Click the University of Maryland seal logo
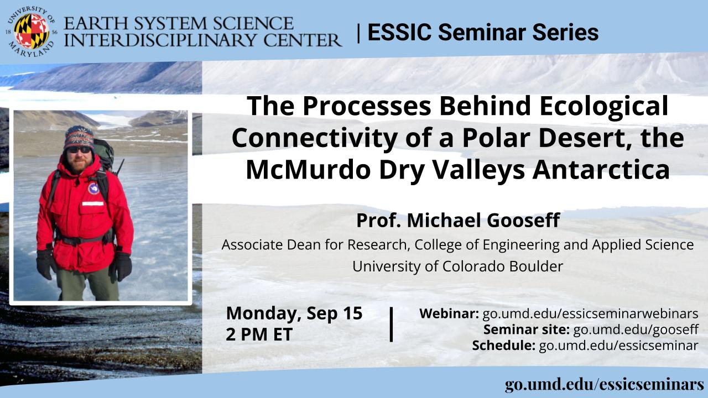[x=32, y=32]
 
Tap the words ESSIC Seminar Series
[x=483, y=32]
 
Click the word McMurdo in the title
[x=308, y=170]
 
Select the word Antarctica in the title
[x=601, y=170]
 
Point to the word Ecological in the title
[x=604, y=107]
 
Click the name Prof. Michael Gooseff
[x=459, y=220]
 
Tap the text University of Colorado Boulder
[x=457, y=266]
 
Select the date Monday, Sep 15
[x=294, y=313]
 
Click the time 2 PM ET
[x=259, y=334]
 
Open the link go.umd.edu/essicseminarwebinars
[x=590, y=313]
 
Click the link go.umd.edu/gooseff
[x=636, y=330]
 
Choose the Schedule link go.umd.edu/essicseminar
[x=618, y=345]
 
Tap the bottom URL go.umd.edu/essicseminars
[x=605, y=385]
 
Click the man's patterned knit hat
[x=79, y=137]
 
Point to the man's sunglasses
[x=79, y=150]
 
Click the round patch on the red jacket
[x=93, y=188]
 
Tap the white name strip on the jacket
[x=93, y=203]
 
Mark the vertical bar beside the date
[x=391, y=324]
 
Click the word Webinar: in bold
[x=449, y=313]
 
